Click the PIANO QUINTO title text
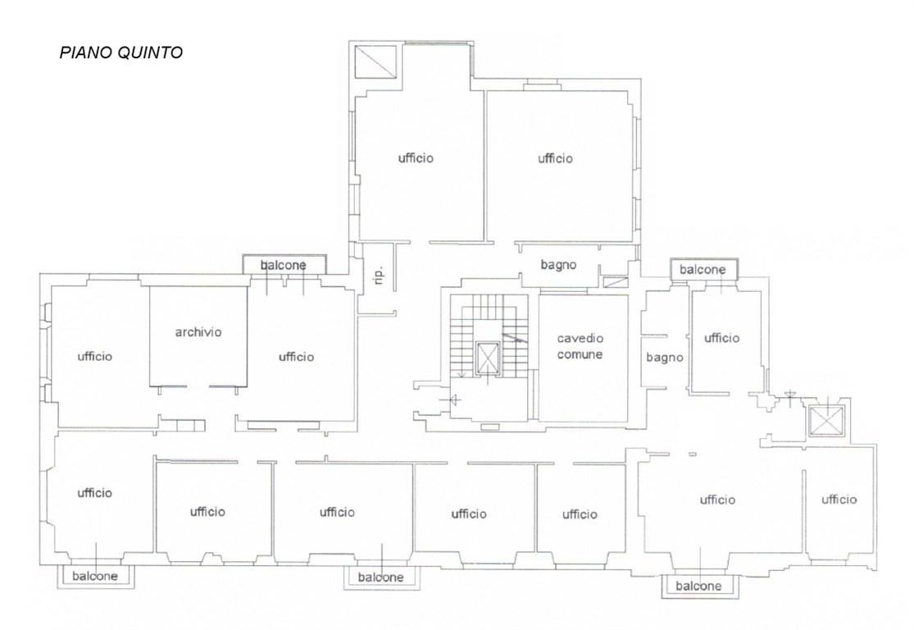coord(121,52)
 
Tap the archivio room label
coord(198,332)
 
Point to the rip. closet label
coord(379,275)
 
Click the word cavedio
coord(580,338)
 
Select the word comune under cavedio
coord(580,354)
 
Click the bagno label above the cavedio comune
coord(558,265)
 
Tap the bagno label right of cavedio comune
coord(665,358)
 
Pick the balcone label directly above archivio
coord(284,266)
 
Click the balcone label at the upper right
coord(703,270)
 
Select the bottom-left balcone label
coord(95,577)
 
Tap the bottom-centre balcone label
coord(380,577)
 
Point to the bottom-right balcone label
coord(698,586)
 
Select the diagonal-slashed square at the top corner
coord(376,62)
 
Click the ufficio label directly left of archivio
coord(95,356)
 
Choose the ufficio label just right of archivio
coord(296,357)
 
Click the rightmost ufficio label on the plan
coord(839,500)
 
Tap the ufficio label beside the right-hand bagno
coord(721,338)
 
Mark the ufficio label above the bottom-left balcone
coord(94,493)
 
